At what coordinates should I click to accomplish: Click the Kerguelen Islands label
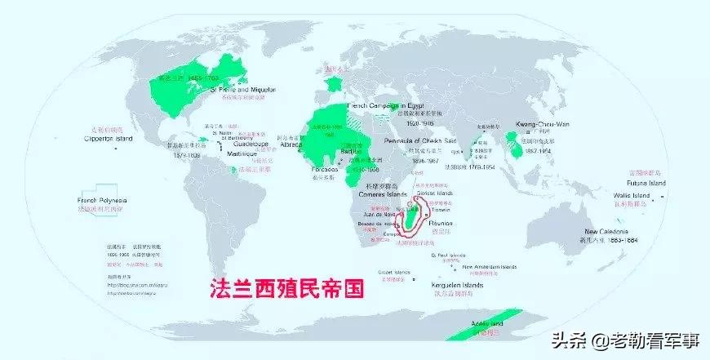[x=455, y=286]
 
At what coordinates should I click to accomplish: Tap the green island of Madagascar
[x=419, y=214]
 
